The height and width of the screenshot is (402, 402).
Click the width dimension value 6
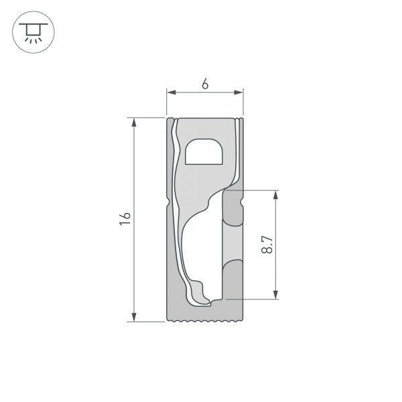pos(205,84)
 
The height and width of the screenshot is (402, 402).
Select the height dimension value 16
pos(124,218)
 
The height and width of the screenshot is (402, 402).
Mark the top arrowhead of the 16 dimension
pos(135,123)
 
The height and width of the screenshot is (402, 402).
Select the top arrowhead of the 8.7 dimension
pos(275,195)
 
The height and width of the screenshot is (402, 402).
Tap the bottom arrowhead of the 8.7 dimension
pos(275,294)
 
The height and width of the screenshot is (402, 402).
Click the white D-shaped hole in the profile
pos(206,153)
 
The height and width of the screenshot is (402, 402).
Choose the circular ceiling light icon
pos(31,31)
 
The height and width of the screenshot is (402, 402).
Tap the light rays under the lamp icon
pos(31,40)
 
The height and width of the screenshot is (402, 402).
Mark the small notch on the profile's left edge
pos(167,200)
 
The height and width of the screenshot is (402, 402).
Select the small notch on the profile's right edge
pos(242,200)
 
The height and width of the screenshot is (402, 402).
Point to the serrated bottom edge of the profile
pos(204,322)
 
